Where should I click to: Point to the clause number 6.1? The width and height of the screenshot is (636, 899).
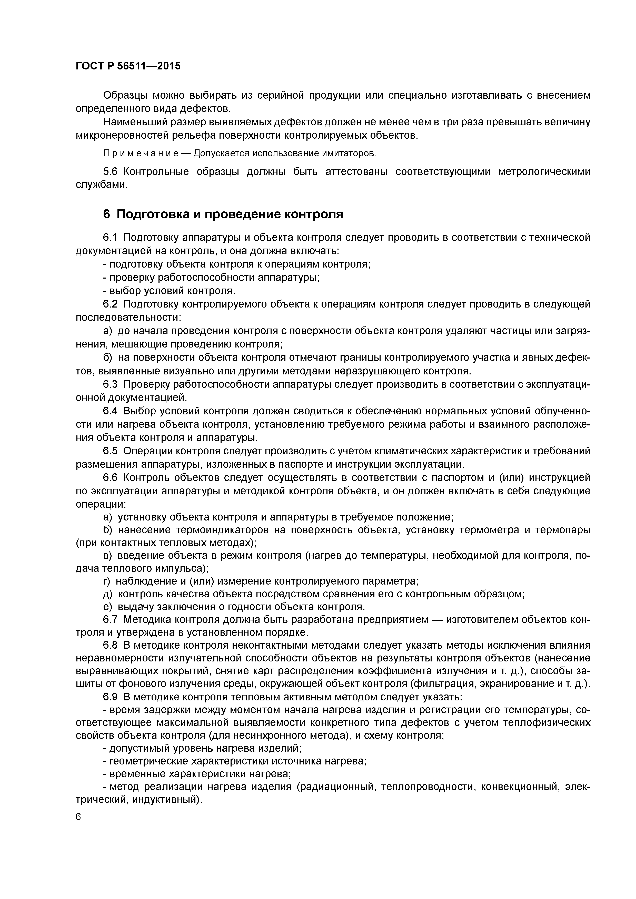[x=110, y=238]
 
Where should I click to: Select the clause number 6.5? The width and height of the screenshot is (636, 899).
[x=110, y=451]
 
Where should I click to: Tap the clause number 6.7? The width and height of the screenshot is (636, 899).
[x=110, y=620]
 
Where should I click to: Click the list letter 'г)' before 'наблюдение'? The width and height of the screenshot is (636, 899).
[x=107, y=581]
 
